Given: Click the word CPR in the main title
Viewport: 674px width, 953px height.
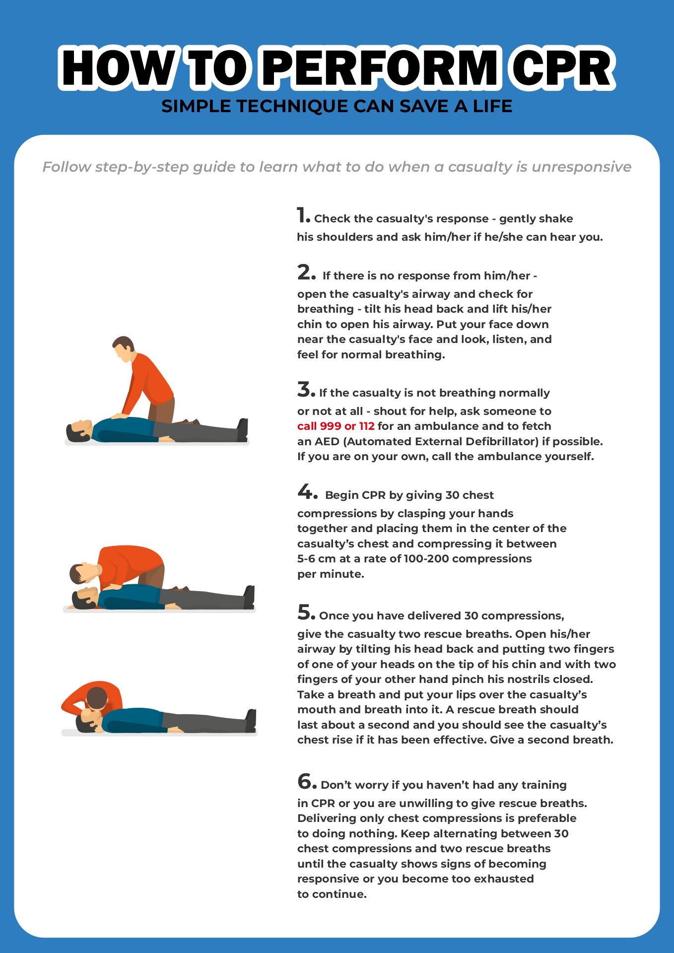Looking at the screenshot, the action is pyautogui.click(x=562, y=68).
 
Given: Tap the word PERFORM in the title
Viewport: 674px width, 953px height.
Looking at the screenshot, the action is pyautogui.click(x=381, y=68).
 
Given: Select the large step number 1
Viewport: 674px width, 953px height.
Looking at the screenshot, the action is pyautogui.click(x=302, y=215).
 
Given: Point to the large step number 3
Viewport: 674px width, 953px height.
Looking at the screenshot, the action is pyautogui.click(x=306, y=390).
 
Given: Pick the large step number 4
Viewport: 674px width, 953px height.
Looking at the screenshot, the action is pyautogui.click(x=307, y=492).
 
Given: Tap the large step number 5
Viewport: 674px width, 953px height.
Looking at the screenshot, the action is pyautogui.click(x=306, y=613).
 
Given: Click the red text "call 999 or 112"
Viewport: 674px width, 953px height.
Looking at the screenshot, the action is pyautogui.click(x=336, y=426).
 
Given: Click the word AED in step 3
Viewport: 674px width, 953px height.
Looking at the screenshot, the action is pyautogui.click(x=324, y=442).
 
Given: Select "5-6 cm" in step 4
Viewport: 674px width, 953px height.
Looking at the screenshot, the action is pyautogui.click(x=317, y=559).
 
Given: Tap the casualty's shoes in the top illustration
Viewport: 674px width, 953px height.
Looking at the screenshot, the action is pyautogui.click(x=243, y=430).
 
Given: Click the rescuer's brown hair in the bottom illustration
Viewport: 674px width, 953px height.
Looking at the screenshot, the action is pyautogui.click(x=97, y=698).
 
